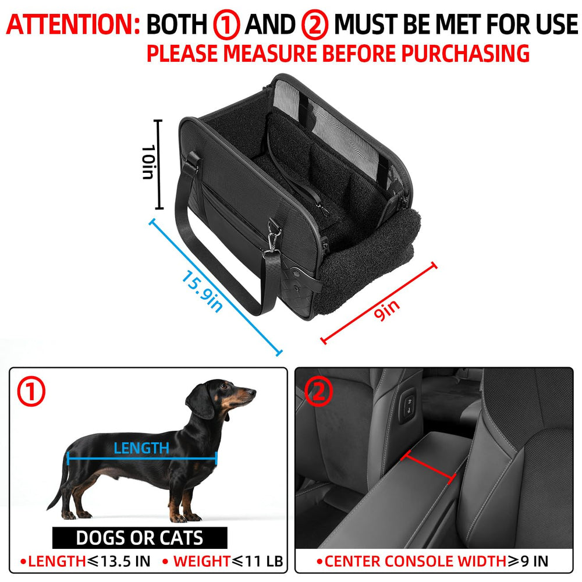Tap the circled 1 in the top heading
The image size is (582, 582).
(226, 25)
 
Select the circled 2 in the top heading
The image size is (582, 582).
(315, 25)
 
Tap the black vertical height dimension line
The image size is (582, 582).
(158, 164)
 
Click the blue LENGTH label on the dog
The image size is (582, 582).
(141, 448)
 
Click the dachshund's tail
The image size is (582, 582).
(58, 489)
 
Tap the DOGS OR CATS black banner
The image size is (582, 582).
(140, 538)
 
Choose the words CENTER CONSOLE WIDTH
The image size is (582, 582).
(414, 562)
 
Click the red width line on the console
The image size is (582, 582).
(431, 467)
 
